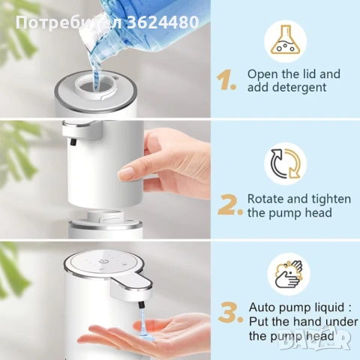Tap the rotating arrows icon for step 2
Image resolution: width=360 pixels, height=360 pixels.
(286, 163)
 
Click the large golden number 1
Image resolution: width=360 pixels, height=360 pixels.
(226, 80)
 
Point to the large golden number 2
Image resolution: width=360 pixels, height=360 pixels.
(229, 205)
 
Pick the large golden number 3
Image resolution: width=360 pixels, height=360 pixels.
(230, 313)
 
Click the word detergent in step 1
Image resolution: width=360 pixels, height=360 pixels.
(299, 88)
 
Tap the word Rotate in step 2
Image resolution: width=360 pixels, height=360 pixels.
(265, 199)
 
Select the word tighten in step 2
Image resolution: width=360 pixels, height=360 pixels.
(329, 199)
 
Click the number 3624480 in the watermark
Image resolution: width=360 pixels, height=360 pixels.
(163, 22)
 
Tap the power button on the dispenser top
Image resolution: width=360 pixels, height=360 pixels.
(102, 261)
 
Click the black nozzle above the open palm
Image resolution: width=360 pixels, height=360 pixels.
(141, 305)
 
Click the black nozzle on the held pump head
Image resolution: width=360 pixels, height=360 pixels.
(73, 142)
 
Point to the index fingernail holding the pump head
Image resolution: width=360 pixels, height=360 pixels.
(126, 172)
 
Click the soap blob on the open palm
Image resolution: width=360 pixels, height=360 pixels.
(145, 330)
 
